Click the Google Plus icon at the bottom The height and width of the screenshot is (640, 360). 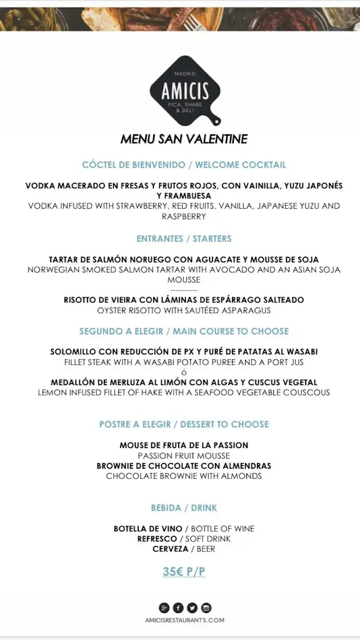[x=164, y=607]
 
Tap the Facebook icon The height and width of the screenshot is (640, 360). [x=178, y=607]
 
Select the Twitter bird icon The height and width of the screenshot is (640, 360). [x=192, y=607]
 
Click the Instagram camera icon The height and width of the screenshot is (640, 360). [x=206, y=607]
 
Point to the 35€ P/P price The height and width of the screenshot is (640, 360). [x=184, y=571]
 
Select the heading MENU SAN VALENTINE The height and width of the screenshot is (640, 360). [x=184, y=139]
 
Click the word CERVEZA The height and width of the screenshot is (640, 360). [x=171, y=549]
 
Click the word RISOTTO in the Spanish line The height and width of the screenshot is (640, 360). [x=84, y=300]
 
